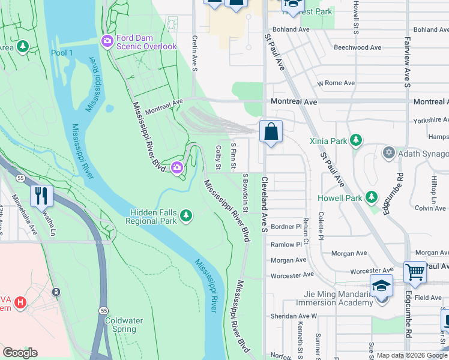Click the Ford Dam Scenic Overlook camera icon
tap(108, 41)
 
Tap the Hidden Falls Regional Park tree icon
tap(186, 215)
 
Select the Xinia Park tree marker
tap(356, 140)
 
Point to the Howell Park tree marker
tap(372, 197)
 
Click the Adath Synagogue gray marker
tap(389, 153)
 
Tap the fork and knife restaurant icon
tap(41, 196)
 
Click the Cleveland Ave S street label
tap(264, 204)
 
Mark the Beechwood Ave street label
tap(357, 47)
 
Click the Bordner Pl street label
tap(286, 227)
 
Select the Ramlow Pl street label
tap(286, 245)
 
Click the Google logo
tap(20, 352)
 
